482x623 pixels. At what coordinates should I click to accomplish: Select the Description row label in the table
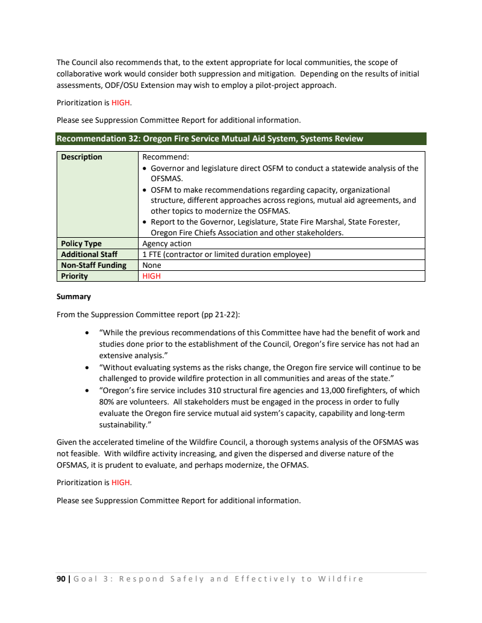[82, 157]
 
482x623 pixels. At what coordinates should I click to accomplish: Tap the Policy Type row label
[82, 244]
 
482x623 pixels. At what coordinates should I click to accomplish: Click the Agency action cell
[167, 244]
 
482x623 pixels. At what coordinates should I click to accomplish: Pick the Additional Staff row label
[89, 255]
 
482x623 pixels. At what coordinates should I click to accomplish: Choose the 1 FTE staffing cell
[226, 255]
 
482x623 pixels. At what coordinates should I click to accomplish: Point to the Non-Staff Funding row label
[93, 265]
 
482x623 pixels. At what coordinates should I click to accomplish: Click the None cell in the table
[152, 265]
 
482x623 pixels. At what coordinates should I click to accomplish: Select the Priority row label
[75, 276]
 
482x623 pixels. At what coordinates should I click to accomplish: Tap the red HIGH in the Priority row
[152, 276]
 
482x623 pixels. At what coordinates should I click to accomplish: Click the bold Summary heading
[74, 297]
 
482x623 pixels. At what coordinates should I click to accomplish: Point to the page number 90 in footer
[61, 579]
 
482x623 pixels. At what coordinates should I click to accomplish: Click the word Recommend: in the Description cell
[161, 157]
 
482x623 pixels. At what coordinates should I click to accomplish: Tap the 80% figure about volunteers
[107, 401]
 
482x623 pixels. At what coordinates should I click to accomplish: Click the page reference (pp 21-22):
[226, 314]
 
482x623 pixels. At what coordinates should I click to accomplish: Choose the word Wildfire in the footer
[340, 579]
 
